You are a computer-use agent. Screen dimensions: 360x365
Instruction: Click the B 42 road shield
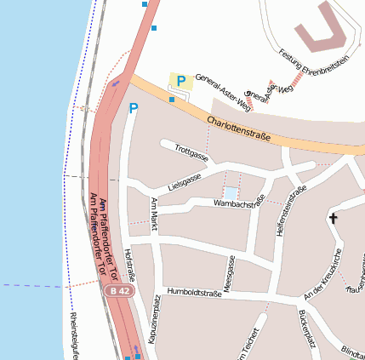click(x=119, y=291)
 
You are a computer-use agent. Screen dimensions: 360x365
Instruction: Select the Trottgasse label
click(x=191, y=152)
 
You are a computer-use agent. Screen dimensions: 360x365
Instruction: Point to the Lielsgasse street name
click(x=185, y=181)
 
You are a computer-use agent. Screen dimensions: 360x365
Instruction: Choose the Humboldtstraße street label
click(x=195, y=292)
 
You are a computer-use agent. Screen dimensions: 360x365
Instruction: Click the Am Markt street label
click(x=154, y=214)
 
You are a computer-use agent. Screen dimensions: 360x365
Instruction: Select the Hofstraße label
click(x=130, y=265)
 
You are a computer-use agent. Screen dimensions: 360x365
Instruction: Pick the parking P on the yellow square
click(x=181, y=81)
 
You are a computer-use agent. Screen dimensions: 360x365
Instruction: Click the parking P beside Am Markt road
click(x=133, y=108)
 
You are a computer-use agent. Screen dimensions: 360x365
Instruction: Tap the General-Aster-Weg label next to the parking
click(x=223, y=93)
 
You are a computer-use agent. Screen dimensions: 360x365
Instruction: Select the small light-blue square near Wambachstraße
click(x=231, y=194)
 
